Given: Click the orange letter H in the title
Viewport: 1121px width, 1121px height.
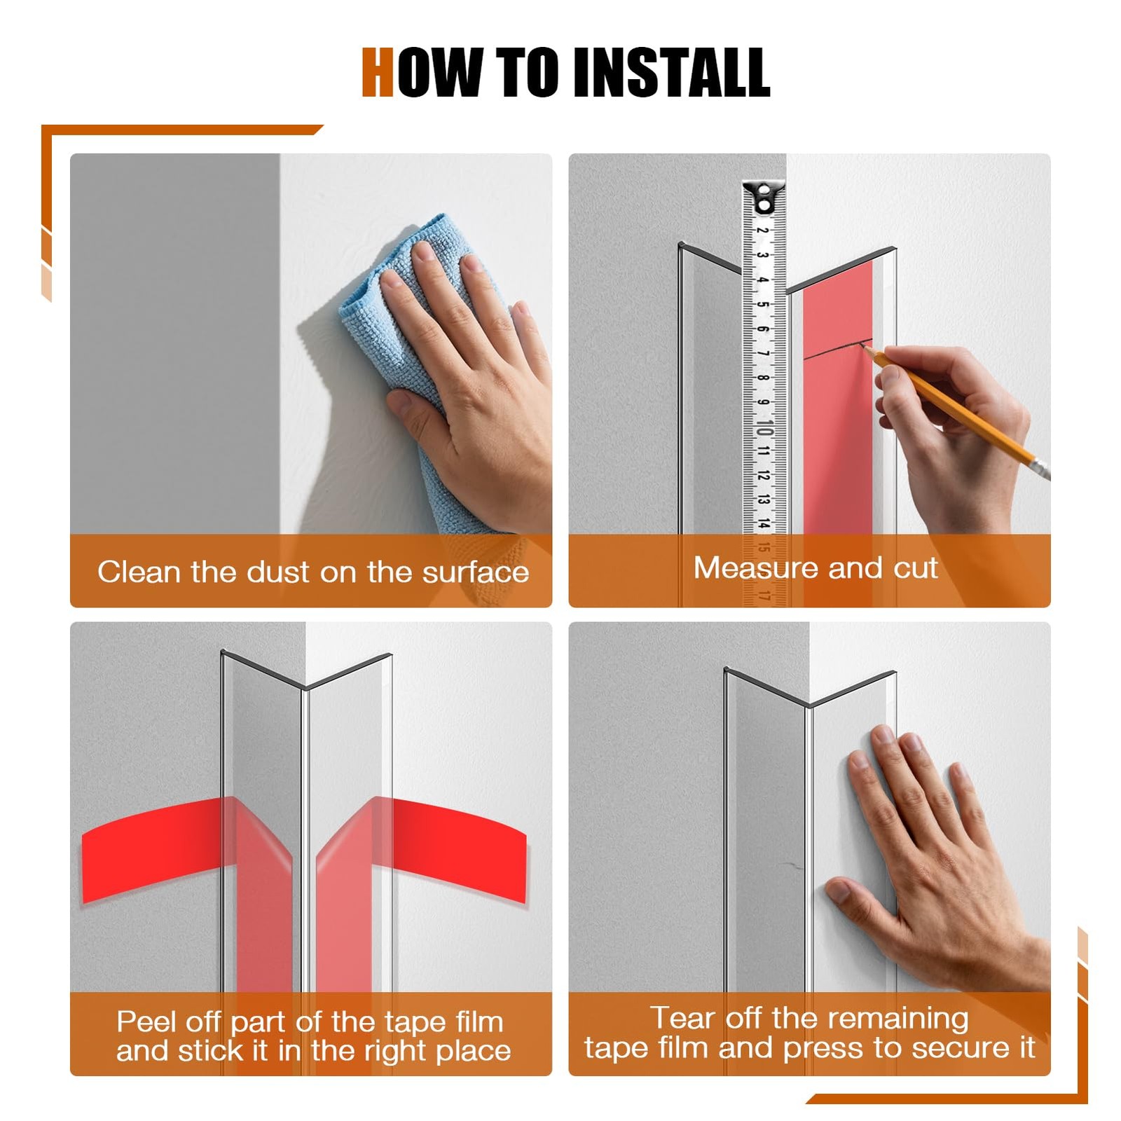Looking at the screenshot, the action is [x=378, y=72].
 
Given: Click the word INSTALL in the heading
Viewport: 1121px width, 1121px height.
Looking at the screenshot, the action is [x=671, y=72].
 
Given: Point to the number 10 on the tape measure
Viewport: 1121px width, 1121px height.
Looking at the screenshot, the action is [x=764, y=428].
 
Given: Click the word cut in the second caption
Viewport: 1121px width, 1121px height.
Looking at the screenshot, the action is [x=915, y=568].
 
